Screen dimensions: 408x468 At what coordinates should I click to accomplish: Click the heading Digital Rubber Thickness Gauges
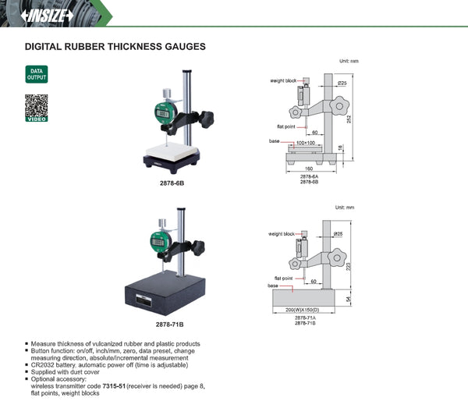click(x=115, y=47)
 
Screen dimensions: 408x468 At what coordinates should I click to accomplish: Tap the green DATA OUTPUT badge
click(x=37, y=74)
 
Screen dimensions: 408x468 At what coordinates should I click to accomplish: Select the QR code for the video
click(x=37, y=107)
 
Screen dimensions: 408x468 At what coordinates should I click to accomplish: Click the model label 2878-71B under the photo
click(x=170, y=323)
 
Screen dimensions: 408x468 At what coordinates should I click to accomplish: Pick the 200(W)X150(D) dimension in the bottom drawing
click(x=310, y=310)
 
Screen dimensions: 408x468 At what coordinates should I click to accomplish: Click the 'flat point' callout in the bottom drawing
click(x=283, y=278)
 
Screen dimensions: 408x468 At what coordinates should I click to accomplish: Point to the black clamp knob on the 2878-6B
click(x=206, y=120)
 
